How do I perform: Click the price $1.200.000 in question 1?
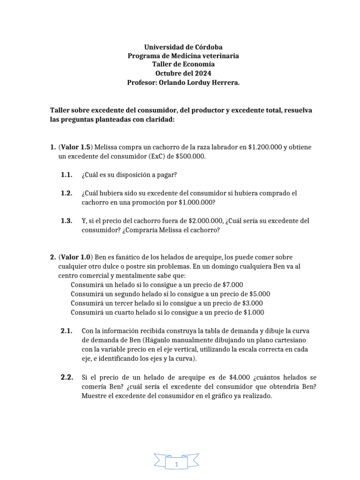pyautogui.click(x=261, y=147)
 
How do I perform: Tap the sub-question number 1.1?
pyautogui.click(x=67, y=175)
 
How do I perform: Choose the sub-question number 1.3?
pyautogui.click(x=67, y=221)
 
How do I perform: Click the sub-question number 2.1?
pyautogui.click(x=67, y=331)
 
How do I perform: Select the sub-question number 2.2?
pyautogui.click(x=67, y=377)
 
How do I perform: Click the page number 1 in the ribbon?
pyautogui.click(x=177, y=464)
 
